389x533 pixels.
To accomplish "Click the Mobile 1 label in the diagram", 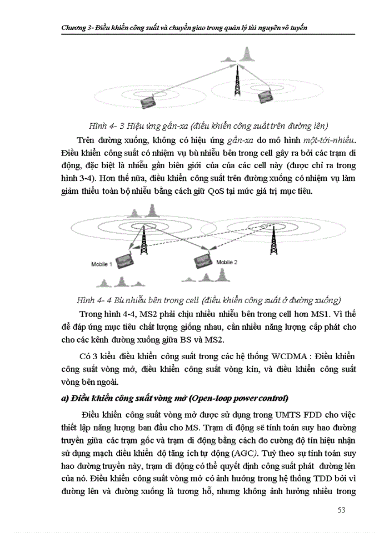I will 102,264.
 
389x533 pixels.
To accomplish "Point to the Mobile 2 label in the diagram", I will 227,262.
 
